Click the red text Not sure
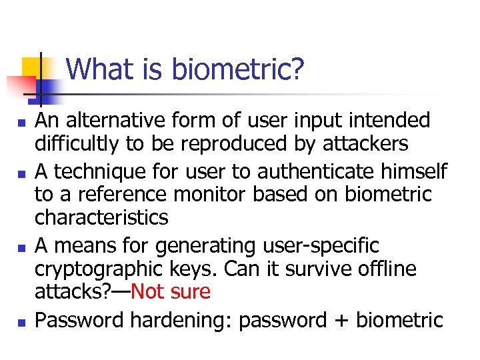pyautogui.click(x=171, y=292)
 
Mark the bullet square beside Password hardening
pyautogui.click(x=21, y=322)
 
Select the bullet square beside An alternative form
pyautogui.click(x=21, y=122)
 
